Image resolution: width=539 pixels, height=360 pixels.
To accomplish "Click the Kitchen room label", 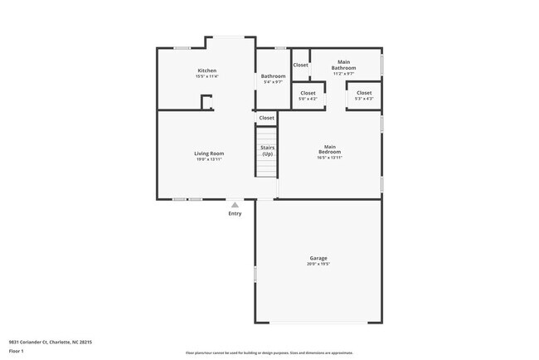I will [x=206, y=71].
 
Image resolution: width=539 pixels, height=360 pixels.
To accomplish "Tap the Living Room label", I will [x=209, y=153].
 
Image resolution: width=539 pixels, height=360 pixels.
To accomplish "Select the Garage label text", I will [x=318, y=259].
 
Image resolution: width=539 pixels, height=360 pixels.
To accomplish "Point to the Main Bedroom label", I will [x=330, y=149].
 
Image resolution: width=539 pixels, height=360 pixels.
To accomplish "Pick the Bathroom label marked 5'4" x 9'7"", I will [x=274, y=76].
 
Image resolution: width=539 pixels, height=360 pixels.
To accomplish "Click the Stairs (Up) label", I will [x=267, y=151].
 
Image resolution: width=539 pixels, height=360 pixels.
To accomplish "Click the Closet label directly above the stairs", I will [x=266, y=118].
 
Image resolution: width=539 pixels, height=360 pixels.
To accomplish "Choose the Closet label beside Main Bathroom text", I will [x=300, y=65].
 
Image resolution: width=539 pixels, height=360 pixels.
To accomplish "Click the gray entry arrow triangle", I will [x=235, y=204].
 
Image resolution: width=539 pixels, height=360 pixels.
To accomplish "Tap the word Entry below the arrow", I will [x=236, y=214].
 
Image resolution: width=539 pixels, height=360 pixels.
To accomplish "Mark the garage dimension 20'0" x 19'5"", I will [x=318, y=265].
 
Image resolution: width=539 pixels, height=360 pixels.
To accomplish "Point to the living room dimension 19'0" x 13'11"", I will [x=209, y=159].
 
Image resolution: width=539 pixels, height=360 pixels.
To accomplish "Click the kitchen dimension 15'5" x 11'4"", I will [x=206, y=76].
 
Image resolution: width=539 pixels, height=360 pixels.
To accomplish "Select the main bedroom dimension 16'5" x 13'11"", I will [x=330, y=158].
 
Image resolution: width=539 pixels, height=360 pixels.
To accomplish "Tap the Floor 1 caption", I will [x=17, y=352].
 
